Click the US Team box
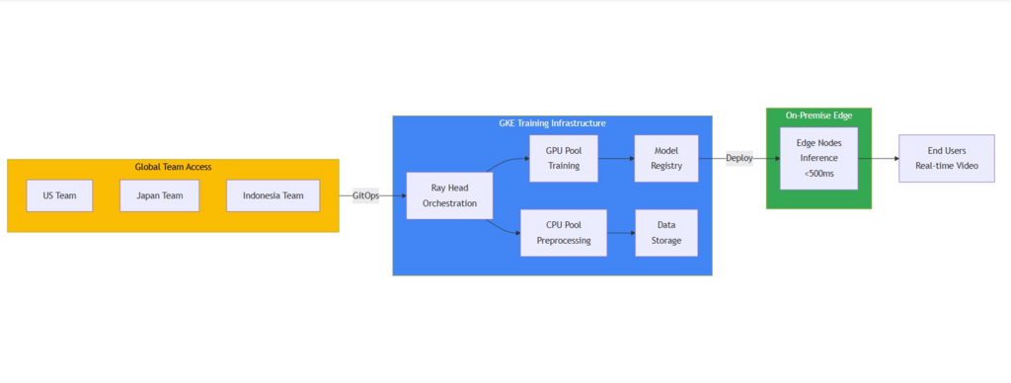[x=59, y=195]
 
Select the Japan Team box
[x=159, y=195]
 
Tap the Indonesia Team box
[x=272, y=195]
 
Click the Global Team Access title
[x=173, y=167]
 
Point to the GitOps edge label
[x=365, y=195]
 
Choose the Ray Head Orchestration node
[x=449, y=195]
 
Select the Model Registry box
[x=665, y=158]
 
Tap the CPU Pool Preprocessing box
[x=564, y=233]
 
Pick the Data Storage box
[x=665, y=233]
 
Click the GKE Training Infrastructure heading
[x=552, y=123]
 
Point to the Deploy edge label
[x=739, y=158]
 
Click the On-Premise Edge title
[x=818, y=115]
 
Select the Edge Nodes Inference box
[x=818, y=158]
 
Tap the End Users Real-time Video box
[x=946, y=158]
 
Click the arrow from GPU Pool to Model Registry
[x=616, y=158]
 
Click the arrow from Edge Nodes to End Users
[x=878, y=158]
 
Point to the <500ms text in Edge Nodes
[x=818, y=173]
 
